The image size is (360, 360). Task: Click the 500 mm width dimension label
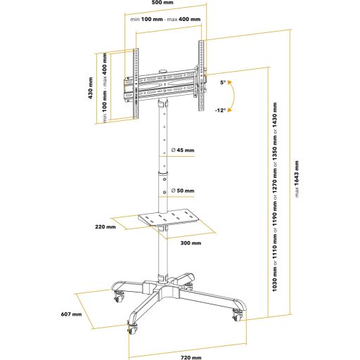click(x=162, y=2)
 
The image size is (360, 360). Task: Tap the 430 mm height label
click(x=91, y=88)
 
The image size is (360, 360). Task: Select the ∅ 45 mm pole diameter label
click(x=183, y=150)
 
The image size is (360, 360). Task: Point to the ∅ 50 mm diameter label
click(x=183, y=191)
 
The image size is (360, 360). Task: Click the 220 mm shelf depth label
click(x=105, y=226)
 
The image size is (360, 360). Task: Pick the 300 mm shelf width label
click(x=191, y=243)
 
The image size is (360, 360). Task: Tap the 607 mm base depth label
click(x=71, y=314)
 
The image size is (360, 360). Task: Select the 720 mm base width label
click(x=191, y=357)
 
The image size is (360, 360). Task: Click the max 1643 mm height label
click(x=297, y=179)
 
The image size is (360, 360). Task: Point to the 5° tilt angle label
click(x=223, y=82)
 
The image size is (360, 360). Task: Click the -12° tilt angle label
click(x=220, y=110)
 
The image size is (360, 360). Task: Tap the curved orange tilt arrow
click(x=233, y=96)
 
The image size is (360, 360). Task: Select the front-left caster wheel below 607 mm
click(x=132, y=328)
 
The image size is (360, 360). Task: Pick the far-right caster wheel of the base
click(x=238, y=315)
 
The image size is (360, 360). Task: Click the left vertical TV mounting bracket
click(x=136, y=84)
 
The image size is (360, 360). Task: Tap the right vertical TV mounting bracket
click(x=201, y=76)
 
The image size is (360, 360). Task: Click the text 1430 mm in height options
click(x=274, y=115)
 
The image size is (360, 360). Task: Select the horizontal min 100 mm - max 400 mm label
click(x=165, y=19)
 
